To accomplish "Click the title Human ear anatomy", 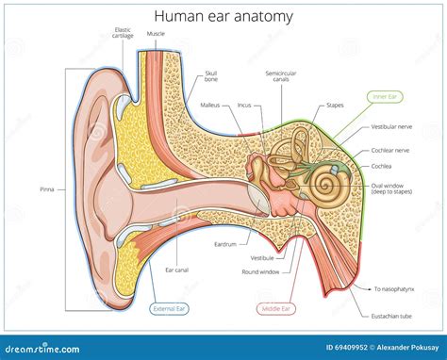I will click(x=223, y=15).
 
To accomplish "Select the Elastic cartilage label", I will click(x=122, y=33).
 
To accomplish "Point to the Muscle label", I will click(x=157, y=33).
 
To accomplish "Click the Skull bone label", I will click(x=211, y=77).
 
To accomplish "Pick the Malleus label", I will click(x=209, y=105).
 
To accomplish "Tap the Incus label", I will click(x=244, y=105).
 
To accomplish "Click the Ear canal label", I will click(x=175, y=270).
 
